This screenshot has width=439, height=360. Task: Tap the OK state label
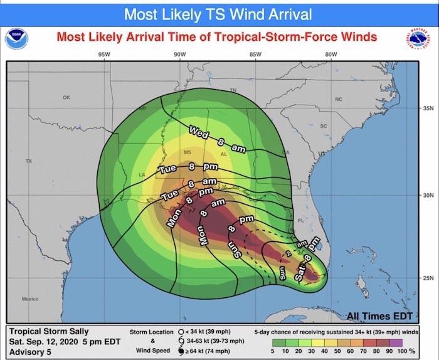click(x=66, y=98)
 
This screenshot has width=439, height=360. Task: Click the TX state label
click(x=28, y=162)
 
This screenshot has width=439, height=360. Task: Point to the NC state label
click(x=339, y=100)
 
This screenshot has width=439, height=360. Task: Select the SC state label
click(x=324, y=126)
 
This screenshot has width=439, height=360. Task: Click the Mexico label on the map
click(x=29, y=299)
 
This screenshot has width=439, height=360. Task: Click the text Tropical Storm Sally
click(x=50, y=331)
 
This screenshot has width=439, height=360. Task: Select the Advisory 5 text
click(x=31, y=350)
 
